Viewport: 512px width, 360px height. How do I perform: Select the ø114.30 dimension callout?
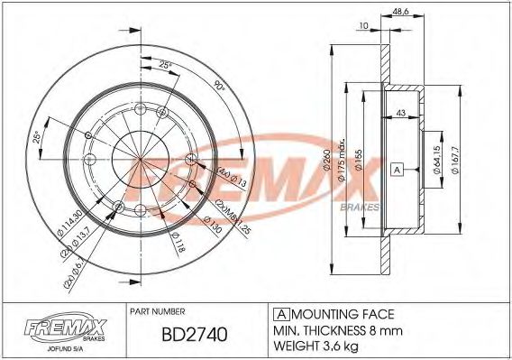tap(69, 219)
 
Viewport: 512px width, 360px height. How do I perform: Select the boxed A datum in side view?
tap(396, 170)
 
